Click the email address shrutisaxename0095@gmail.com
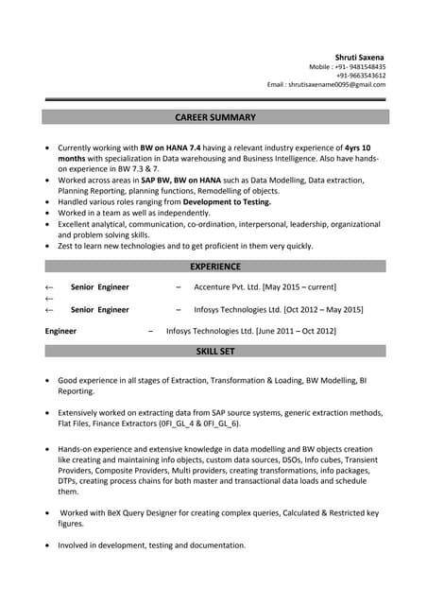(x=338, y=84)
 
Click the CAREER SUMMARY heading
(x=216, y=117)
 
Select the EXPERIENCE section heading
(x=216, y=267)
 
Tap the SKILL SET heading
(x=216, y=351)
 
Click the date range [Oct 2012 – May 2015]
(x=316, y=309)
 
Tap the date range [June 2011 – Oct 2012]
(x=296, y=332)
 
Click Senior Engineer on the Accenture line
(x=99, y=286)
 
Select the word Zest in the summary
(x=66, y=246)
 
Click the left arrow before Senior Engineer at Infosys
(x=49, y=309)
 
